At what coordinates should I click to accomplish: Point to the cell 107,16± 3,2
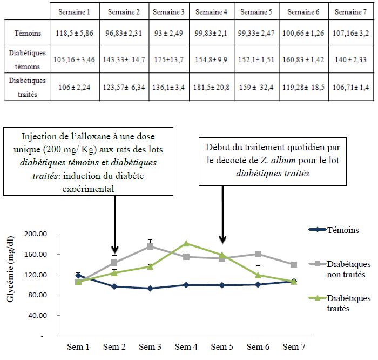click(351, 34)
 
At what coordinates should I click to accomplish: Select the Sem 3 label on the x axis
click(150, 346)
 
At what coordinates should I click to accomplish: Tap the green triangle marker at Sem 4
click(186, 243)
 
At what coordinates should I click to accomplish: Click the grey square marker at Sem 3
click(150, 246)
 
